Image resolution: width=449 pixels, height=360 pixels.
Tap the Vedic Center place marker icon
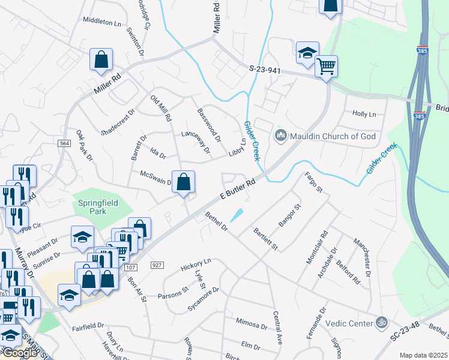[x=380, y=323]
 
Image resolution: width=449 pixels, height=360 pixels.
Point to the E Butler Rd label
[x=238, y=188]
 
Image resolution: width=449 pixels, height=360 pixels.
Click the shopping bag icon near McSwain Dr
[x=184, y=181]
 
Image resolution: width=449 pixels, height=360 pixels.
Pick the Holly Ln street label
[x=364, y=113]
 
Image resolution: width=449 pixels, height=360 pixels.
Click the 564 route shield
[x=65, y=143]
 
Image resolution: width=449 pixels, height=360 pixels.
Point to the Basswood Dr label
[x=209, y=125]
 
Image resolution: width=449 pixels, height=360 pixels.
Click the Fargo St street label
[x=314, y=182]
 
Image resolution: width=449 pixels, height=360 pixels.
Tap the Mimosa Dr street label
[x=252, y=325]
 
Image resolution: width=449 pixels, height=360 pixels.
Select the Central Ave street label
[x=277, y=328]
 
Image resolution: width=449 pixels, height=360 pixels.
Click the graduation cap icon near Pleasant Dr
[x=82, y=236]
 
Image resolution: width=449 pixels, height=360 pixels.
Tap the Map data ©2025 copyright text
[x=423, y=355]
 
